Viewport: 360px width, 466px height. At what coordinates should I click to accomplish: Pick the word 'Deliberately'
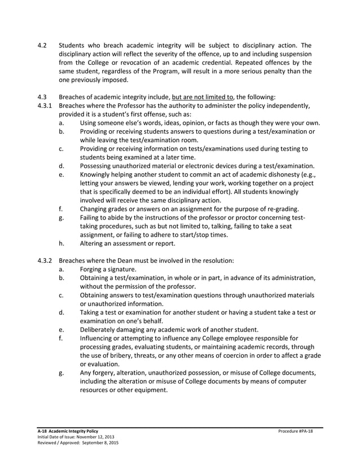coord(102,330)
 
